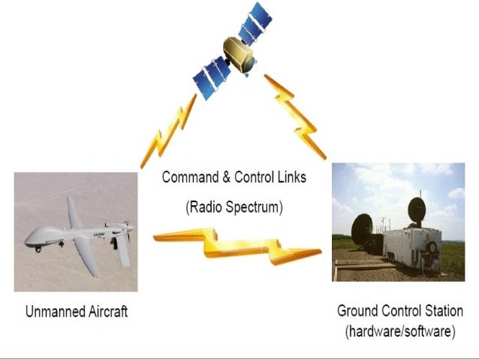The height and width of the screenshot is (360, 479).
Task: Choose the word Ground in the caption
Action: [357, 310]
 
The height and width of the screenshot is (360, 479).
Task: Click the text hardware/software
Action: [400, 331]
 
